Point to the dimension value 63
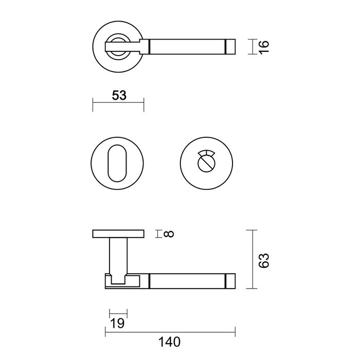(x=264, y=260)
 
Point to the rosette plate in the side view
(x=117, y=235)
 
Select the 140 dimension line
(x=170, y=333)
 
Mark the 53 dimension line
(x=118, y=104)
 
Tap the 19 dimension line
(x=118, y=315)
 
